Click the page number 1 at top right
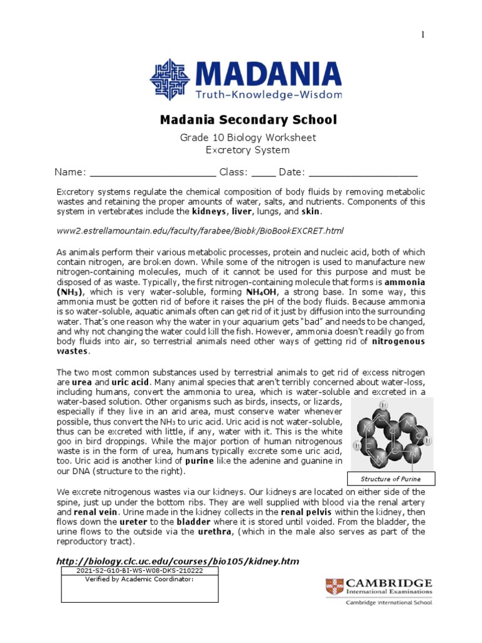click(x=423, y=35)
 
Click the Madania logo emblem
click(x=169, y=79)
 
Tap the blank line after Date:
click(x=363, y=173)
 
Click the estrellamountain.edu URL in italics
click(x=200, y=231)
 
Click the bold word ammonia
click(x=404, y=283)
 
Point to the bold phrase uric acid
click(x=131, y=382)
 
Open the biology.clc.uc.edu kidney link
click(x=178, y=561)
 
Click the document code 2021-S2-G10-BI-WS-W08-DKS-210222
click(x=139, y=571)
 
